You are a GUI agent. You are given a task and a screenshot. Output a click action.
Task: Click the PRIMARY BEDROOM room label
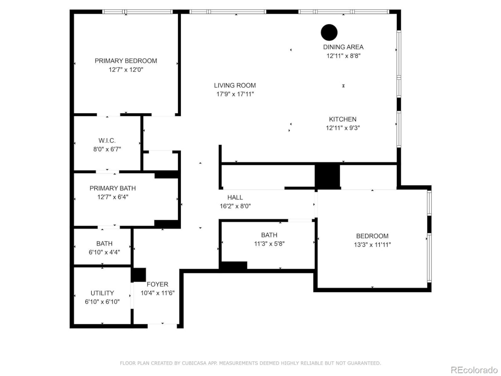click(x=126, y=61)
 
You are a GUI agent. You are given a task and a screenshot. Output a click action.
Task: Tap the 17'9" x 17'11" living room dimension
click(x=235, y=94)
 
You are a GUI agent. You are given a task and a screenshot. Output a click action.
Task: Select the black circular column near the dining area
click(x=329, y=33)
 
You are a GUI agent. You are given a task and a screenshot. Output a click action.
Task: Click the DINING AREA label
click(x=343, y=47)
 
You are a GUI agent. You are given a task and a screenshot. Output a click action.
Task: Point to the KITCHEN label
click(x=342, y=119)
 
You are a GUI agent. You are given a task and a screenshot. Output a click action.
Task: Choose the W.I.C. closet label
click(x=107, y=141)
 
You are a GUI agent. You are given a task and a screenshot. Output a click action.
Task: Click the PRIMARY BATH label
click(x=113, y=188)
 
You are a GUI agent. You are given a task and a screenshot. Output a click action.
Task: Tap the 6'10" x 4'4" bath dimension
click(x=104, y=252)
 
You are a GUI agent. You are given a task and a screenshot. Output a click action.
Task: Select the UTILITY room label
click(x=102, y=293)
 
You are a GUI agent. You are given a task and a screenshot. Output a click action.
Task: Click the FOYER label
click(x=157, y=284)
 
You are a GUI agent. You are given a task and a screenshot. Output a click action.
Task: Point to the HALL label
click(x=235, y=197)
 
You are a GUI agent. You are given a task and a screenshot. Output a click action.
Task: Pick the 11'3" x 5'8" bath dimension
click(x=269, y=244)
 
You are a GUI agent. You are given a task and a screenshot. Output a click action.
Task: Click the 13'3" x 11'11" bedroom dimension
click(x=372, y=245)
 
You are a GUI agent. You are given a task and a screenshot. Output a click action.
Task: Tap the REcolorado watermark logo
click(x=474, y=370)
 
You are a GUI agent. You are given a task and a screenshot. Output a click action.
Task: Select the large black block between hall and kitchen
click(x=327, y=176)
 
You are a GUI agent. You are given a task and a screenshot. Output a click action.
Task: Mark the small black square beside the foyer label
click(x=138, y=275)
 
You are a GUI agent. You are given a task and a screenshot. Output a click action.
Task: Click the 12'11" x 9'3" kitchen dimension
click(x=343, y=128)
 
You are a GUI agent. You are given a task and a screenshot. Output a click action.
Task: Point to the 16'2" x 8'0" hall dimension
click(x=235, y=206)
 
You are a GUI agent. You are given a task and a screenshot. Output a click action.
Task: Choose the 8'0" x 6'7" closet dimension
click(x=107, y=149)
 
